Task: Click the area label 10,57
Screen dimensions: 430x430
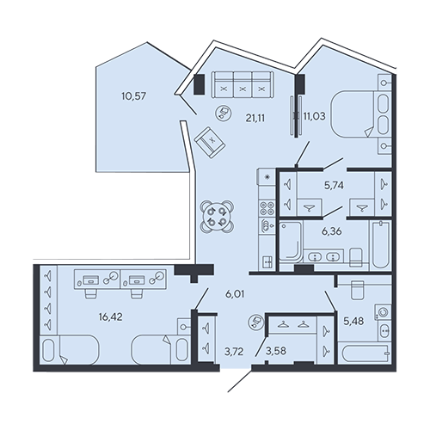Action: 133,96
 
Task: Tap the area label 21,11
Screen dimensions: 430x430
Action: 255,118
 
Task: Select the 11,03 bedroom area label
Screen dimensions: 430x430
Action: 314,116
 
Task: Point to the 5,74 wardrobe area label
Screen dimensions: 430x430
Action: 334,186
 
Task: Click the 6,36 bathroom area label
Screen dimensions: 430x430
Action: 332,231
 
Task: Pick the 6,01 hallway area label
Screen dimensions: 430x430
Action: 235,294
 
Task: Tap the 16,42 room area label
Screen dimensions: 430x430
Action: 111,316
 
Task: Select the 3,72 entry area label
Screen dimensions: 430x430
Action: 234,352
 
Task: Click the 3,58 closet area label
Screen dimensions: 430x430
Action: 276,351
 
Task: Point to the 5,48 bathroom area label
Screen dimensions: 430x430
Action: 353,322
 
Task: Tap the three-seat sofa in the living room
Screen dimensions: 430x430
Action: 243,85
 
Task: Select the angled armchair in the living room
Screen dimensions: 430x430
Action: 210,142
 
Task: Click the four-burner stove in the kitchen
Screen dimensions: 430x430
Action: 267,208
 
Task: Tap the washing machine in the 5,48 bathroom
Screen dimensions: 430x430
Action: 383,312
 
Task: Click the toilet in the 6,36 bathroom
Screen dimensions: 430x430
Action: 356,255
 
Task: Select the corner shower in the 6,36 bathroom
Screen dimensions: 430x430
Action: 291,242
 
